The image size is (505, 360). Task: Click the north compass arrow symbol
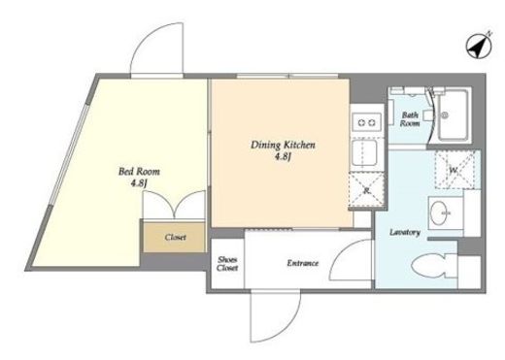480,46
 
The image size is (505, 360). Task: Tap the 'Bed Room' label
139,171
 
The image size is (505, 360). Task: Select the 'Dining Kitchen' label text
283,145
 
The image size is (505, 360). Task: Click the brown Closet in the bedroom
174,237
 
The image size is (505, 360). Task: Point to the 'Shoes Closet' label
227,264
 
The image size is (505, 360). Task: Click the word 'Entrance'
303,263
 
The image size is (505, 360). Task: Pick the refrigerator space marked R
367,190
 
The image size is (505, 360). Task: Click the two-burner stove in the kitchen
367,122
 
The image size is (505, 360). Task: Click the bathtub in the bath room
454,115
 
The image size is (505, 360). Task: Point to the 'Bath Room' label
410,118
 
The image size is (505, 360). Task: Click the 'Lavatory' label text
405,232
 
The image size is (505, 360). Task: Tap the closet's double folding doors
174,205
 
